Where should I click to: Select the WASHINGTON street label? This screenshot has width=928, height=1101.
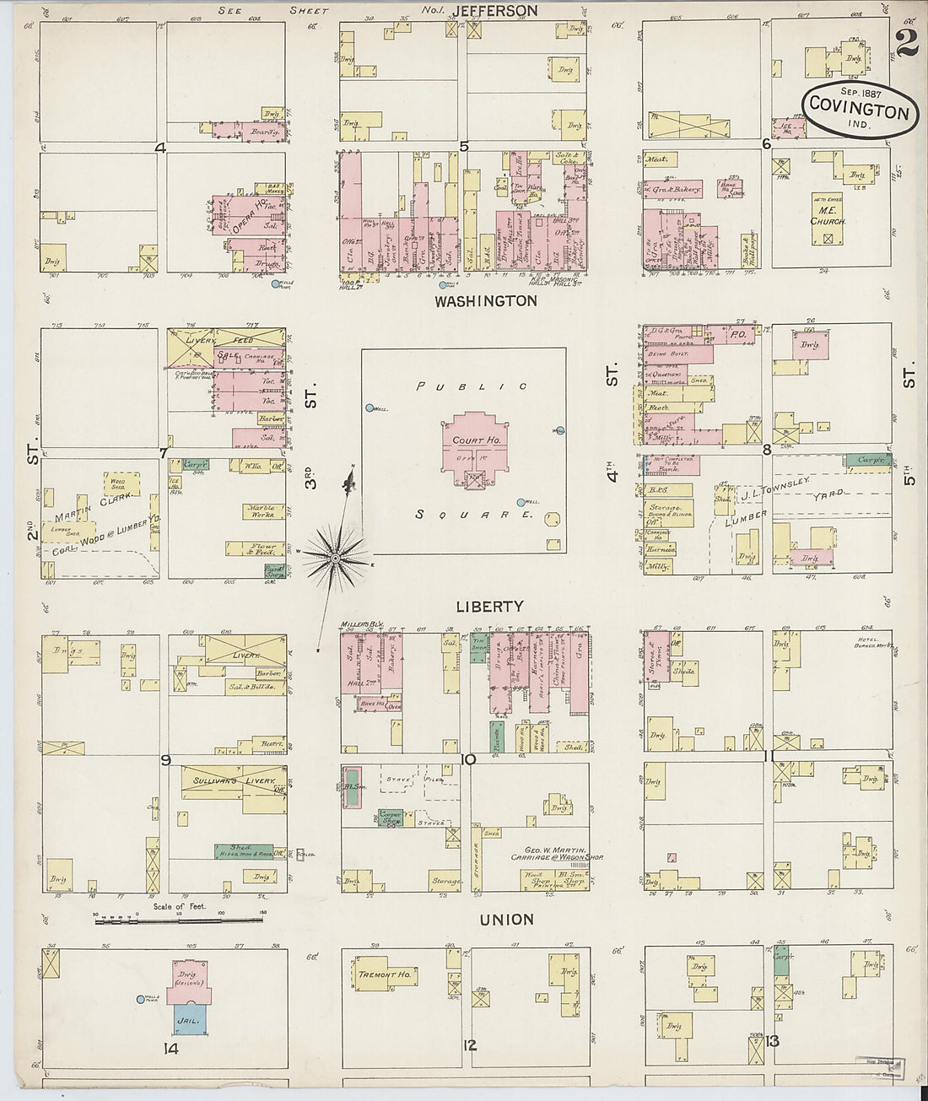(485, 301)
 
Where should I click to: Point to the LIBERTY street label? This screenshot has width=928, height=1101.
(489, 607)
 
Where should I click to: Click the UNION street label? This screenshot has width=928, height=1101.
(506, 920)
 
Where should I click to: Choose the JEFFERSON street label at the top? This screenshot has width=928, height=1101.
(494, 11)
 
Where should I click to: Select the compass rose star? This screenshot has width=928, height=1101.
(336, 558)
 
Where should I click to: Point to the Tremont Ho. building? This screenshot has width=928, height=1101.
(385, 974)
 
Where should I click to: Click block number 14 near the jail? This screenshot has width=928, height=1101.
(171, 1050)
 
